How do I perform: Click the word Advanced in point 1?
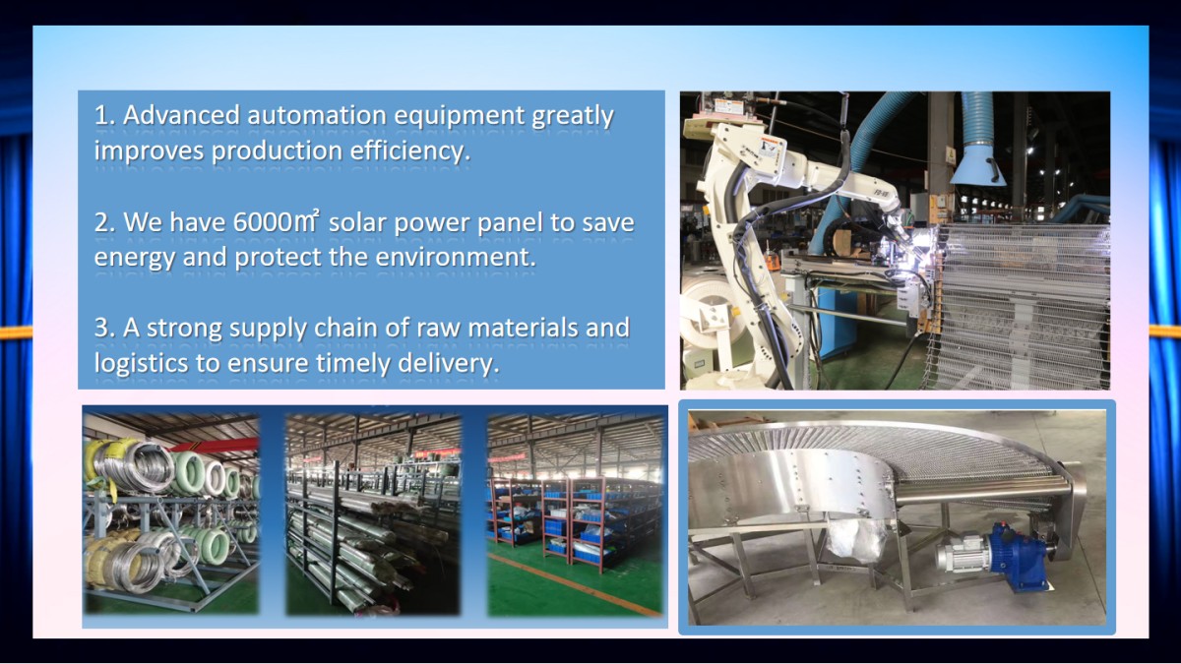tap(181, 115)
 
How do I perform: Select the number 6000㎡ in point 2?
tap(276, 222)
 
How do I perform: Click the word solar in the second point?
tap(357, 223)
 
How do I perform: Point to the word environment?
tap(454, 257)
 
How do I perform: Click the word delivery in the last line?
tap(448, 364)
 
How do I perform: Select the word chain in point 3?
tap(345, 328)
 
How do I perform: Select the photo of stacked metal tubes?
tap(373, 514)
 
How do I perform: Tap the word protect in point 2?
tap(278, 258)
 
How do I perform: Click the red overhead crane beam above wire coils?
tap(214, 446)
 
